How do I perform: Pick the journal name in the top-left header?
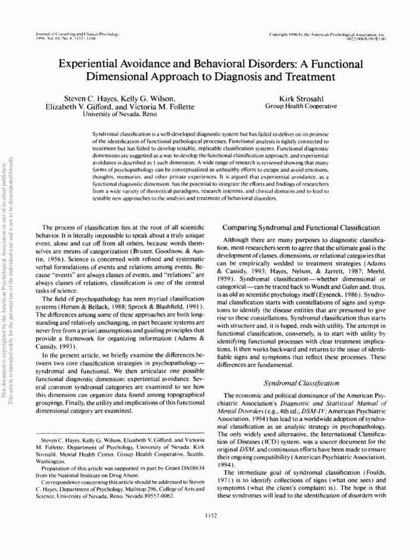(x=76, y=34)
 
